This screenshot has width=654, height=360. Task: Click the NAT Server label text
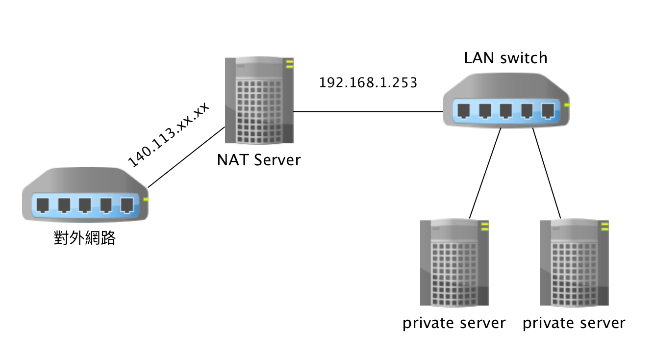[259, 160]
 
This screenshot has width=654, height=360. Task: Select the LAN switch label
[505, 58]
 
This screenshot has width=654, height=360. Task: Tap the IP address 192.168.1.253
[368, 83]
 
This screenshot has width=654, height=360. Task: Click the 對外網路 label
[84, 238]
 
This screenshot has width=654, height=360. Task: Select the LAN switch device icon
[506, 103]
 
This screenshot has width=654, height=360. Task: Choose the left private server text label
[454, 323]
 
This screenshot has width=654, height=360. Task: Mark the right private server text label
[574, 323]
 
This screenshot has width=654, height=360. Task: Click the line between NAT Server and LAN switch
[368, 111]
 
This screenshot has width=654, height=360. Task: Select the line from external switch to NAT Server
[186, 157]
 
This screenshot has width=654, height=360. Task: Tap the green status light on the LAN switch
[567, 105]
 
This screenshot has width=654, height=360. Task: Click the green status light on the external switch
[145, 200]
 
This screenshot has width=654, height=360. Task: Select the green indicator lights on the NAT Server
[289, 63]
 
